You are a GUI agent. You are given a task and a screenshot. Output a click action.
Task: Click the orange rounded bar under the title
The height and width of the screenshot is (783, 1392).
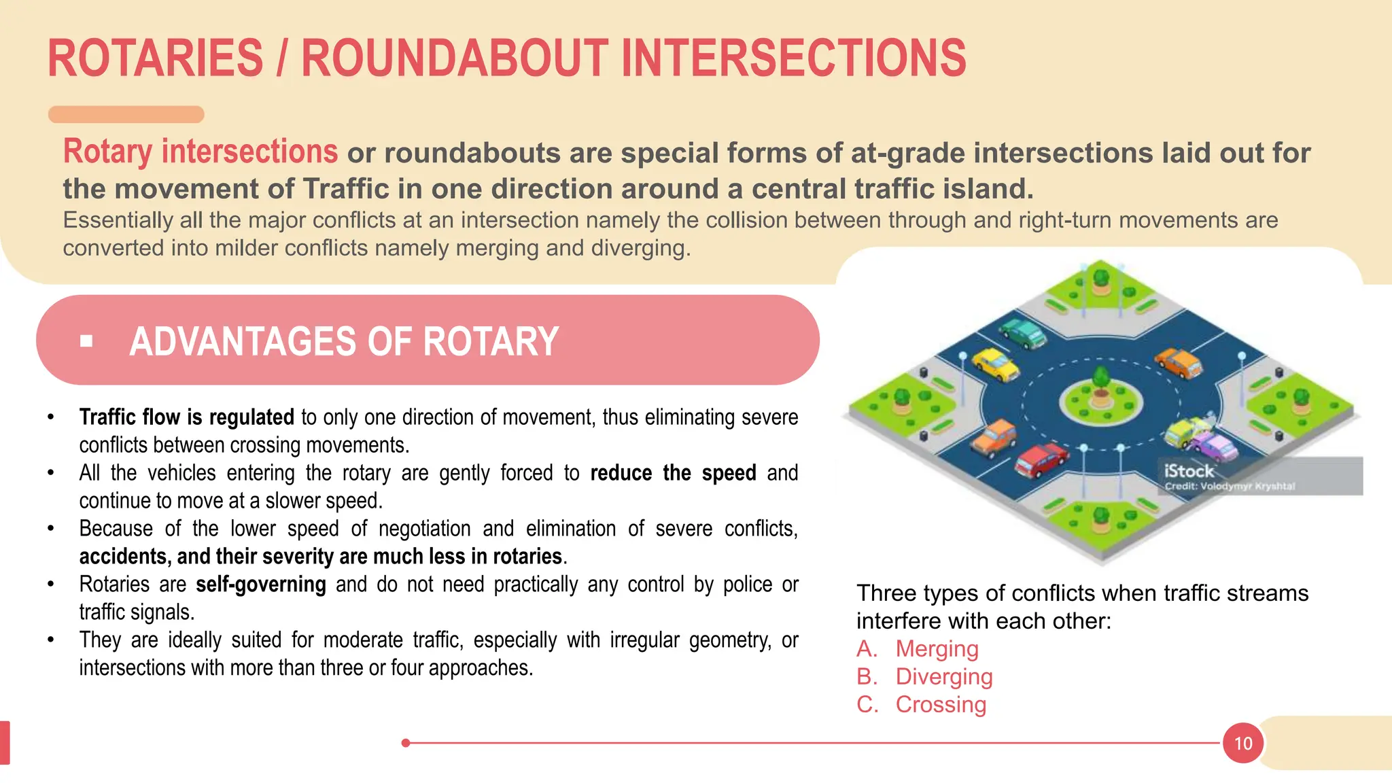pos(126,114)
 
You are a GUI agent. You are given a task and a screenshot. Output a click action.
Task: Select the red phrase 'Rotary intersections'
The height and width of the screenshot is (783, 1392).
pos(200,152)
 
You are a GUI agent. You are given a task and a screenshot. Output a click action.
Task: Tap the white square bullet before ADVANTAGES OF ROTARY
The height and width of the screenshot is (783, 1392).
pos(86,341)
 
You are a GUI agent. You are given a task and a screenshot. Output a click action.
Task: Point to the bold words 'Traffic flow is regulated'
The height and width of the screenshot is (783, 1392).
pos(186,417)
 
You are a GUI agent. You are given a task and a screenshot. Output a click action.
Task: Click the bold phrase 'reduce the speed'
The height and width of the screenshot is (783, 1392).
pos(673,472)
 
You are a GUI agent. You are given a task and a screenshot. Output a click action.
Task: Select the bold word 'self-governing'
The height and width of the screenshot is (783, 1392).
pos(260,584)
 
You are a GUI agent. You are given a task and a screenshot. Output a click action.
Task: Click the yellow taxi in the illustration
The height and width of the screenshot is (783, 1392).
pos(996,364)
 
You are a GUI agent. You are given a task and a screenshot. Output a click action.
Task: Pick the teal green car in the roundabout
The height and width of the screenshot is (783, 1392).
pos(1024,332)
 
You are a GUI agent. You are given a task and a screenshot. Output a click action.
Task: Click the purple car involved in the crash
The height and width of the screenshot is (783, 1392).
pos(1215,447)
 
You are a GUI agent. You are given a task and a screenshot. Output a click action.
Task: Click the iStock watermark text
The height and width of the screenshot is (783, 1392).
pos(1189,470)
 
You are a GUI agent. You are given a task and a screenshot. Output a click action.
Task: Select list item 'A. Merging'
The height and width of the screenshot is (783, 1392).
pos(917,648)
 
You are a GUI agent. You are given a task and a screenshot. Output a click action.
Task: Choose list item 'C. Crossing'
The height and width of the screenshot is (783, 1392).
pos(921,704)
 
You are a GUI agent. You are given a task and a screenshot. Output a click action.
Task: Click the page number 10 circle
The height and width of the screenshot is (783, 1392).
pos(1242,743)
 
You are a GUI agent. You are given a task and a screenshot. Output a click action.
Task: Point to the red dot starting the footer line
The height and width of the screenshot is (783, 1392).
pos(406,743)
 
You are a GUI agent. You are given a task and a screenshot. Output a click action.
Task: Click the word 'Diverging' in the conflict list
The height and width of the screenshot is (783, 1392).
pos(944,676)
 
